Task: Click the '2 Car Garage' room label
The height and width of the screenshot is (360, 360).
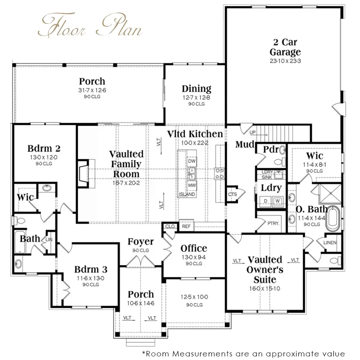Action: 285,47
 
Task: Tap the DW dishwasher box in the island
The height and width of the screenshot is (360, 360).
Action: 192,161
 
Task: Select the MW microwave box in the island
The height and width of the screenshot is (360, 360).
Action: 192,185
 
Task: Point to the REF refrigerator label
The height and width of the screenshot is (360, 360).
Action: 186,226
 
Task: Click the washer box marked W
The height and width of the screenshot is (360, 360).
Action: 278,201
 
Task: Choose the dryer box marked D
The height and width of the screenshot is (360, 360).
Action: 266,201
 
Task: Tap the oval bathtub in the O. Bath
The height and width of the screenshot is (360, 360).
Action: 333,219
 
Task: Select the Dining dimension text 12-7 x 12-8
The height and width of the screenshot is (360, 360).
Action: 196,97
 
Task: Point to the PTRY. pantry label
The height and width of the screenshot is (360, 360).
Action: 274,223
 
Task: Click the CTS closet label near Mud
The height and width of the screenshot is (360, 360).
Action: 232,194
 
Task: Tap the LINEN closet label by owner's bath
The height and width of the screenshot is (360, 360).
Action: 330,242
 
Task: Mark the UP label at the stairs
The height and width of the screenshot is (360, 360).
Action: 253,132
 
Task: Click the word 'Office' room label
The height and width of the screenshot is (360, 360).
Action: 194,248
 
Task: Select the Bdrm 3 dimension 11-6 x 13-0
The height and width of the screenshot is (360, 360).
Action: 90,278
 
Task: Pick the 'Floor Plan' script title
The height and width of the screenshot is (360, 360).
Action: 90,25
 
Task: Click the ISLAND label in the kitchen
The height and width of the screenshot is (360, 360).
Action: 187,194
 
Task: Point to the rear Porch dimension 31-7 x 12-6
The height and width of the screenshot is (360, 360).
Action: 92,90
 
